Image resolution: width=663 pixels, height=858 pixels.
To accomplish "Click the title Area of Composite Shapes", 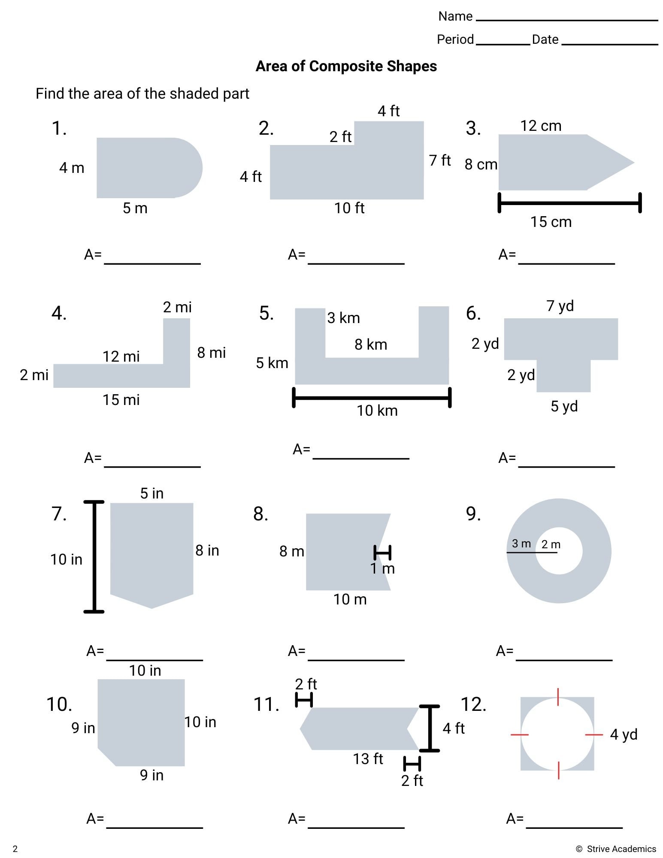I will pyautogui.click(x=346, y=66).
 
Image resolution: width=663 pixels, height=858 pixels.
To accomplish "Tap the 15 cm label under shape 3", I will pyautogui.click(x=551, y=222).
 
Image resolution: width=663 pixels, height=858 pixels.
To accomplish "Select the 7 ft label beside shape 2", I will pyautogui.click(x=440, y=160).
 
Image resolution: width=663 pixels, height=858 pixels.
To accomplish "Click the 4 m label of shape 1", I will pyautogui.click(x=72, y=168).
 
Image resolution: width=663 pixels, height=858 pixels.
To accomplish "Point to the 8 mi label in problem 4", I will pyautogui.click(x=211, y=353).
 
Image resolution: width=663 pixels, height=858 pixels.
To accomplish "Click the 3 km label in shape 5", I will pyautogui.click(x=343, y=318).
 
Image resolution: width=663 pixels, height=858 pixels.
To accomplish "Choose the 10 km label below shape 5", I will pyautogui.click(x=377, y=411).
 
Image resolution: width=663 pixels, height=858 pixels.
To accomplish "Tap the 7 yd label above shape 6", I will pyautogui.click(x=560, y=306).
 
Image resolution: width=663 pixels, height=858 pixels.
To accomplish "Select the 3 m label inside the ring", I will pyautogui.click(x=521, y=544).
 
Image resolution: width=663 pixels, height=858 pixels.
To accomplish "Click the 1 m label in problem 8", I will pyautogui.click(x=382, y=569).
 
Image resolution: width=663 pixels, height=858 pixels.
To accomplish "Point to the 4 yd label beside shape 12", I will pyautogui.click(x=623, y=734).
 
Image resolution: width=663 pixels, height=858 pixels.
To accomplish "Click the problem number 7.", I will pyautogui.click(x=59, y=514).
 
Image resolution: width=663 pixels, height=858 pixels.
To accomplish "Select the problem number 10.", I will pyautogui.click(x=59, y=704).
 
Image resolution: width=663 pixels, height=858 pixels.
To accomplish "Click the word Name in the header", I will pyautogui.click(x=455, y=16).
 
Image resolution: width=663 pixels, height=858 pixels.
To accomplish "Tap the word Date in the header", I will pyautogui.click(x=545, y=39).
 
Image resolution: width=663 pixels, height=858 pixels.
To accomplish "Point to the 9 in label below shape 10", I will pyautogui.click(x=151, y=775).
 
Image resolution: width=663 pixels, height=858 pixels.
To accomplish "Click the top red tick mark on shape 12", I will pyautogui.click(x=558, y=697).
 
